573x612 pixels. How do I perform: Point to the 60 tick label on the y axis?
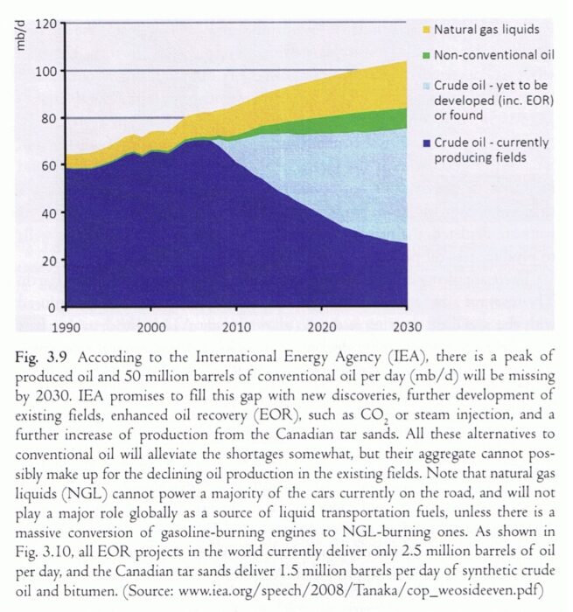[49, 165]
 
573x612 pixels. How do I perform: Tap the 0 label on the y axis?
[52, 308]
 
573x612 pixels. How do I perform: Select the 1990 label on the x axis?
[66, 327]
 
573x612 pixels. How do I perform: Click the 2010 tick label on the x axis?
[236, 327]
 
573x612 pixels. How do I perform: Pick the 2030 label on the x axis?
[407, 327]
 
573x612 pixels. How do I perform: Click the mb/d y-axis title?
[21, 36]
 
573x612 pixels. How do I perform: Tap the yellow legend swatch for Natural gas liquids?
[427, 30]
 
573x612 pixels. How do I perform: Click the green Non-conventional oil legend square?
[427, 56]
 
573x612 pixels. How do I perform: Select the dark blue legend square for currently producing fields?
[427, 143]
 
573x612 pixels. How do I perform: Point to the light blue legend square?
[427, 86]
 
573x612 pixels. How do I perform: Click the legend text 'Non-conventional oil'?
[494, 55]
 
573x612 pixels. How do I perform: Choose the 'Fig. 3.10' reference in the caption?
[44, 552]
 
